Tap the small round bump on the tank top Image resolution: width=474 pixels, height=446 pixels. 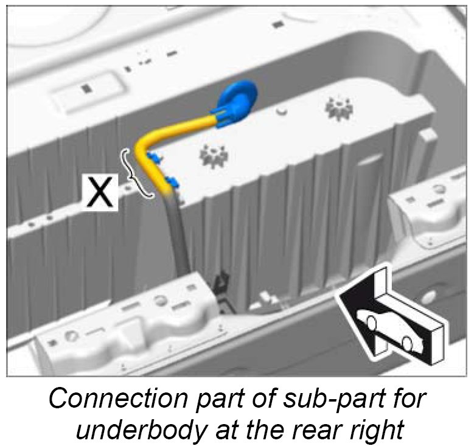tap(282, 111)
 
